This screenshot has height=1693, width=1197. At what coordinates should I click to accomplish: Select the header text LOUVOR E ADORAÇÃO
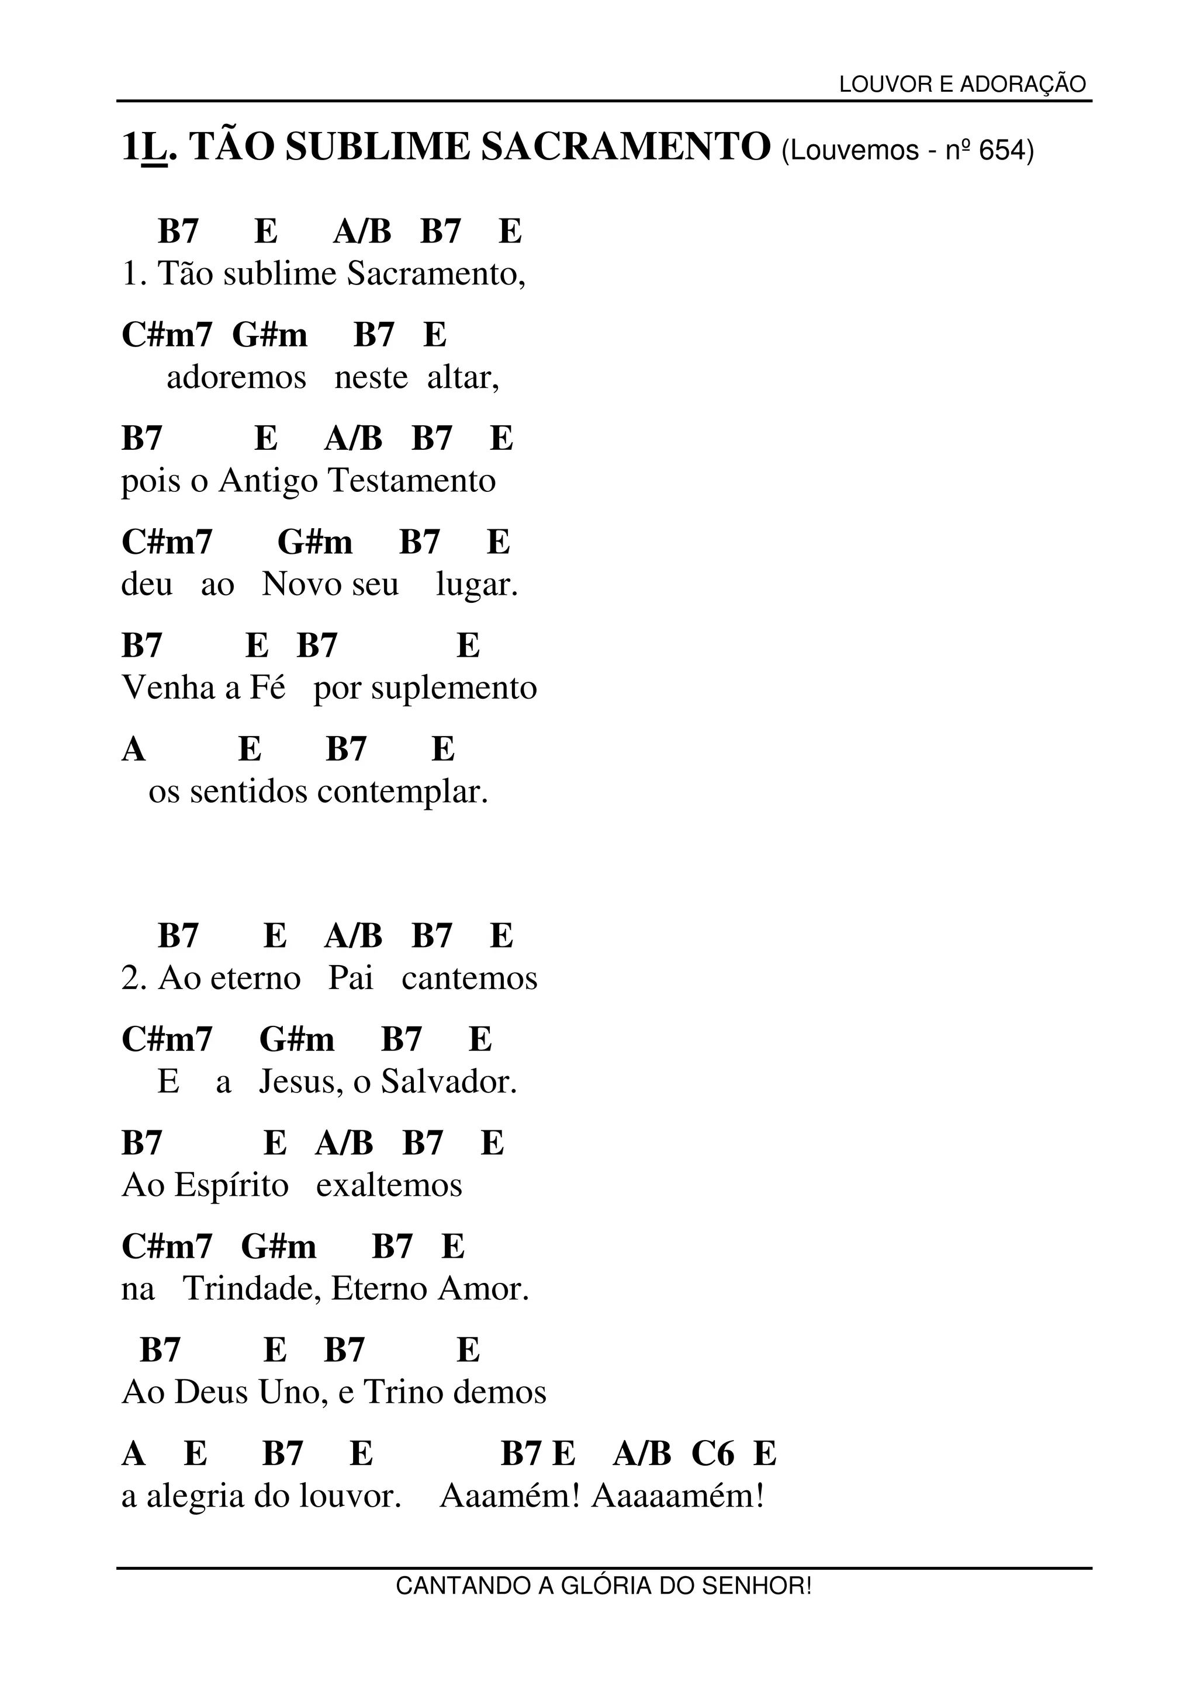point(963,85)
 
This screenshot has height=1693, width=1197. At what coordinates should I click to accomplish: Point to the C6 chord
point(712,1453)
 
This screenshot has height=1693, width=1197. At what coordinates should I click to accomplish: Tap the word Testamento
point(411,481)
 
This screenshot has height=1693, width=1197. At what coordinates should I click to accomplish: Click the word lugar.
point(477,585)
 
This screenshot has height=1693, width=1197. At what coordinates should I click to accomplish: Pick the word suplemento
point(454,688)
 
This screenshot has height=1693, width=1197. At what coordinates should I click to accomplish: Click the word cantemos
point(470,979)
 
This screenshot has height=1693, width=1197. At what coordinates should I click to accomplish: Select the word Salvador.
point(449,1082)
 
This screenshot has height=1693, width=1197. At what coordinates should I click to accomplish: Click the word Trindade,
point(252,1289)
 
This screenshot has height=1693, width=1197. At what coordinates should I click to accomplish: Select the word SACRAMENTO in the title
point(625,146)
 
